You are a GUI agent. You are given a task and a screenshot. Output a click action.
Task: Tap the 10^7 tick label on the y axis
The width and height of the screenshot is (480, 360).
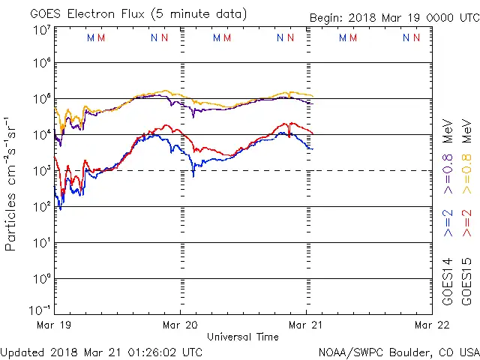coord(41,30)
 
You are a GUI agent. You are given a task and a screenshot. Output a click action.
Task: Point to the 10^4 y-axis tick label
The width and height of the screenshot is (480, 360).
coord(41,134)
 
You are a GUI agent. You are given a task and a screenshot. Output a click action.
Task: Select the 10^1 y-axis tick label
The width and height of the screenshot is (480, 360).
coord(41,242)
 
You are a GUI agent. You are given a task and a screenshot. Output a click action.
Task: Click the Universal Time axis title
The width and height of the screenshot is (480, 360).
coord(243,337)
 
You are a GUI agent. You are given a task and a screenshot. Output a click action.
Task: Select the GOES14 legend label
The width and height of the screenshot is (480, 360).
coord(448,281)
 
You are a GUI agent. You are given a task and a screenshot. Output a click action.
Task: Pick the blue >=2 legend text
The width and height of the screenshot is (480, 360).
coord(448,223)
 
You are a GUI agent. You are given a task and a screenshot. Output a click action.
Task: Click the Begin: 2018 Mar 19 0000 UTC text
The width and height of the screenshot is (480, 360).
coord(394,19)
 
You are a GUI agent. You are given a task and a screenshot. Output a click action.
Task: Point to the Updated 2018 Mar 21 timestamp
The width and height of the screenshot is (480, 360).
coord(101,351)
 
